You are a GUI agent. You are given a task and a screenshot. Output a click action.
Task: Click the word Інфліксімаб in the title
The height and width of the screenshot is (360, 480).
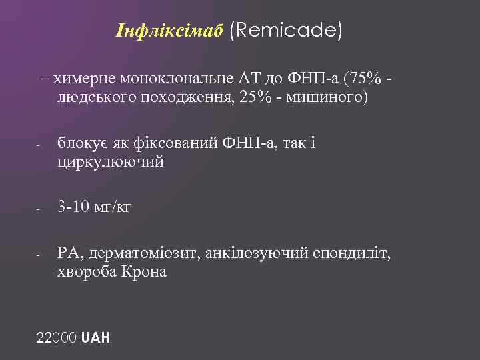point(169,31)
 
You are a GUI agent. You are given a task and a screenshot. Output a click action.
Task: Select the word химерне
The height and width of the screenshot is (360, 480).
point(81,79)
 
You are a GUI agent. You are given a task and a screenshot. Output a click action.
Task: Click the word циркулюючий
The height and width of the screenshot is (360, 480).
point(110,161)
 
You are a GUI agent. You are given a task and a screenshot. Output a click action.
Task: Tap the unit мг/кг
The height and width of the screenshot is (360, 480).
point(114,207)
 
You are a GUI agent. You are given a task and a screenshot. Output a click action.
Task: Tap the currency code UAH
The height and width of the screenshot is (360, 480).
point(95,337)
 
